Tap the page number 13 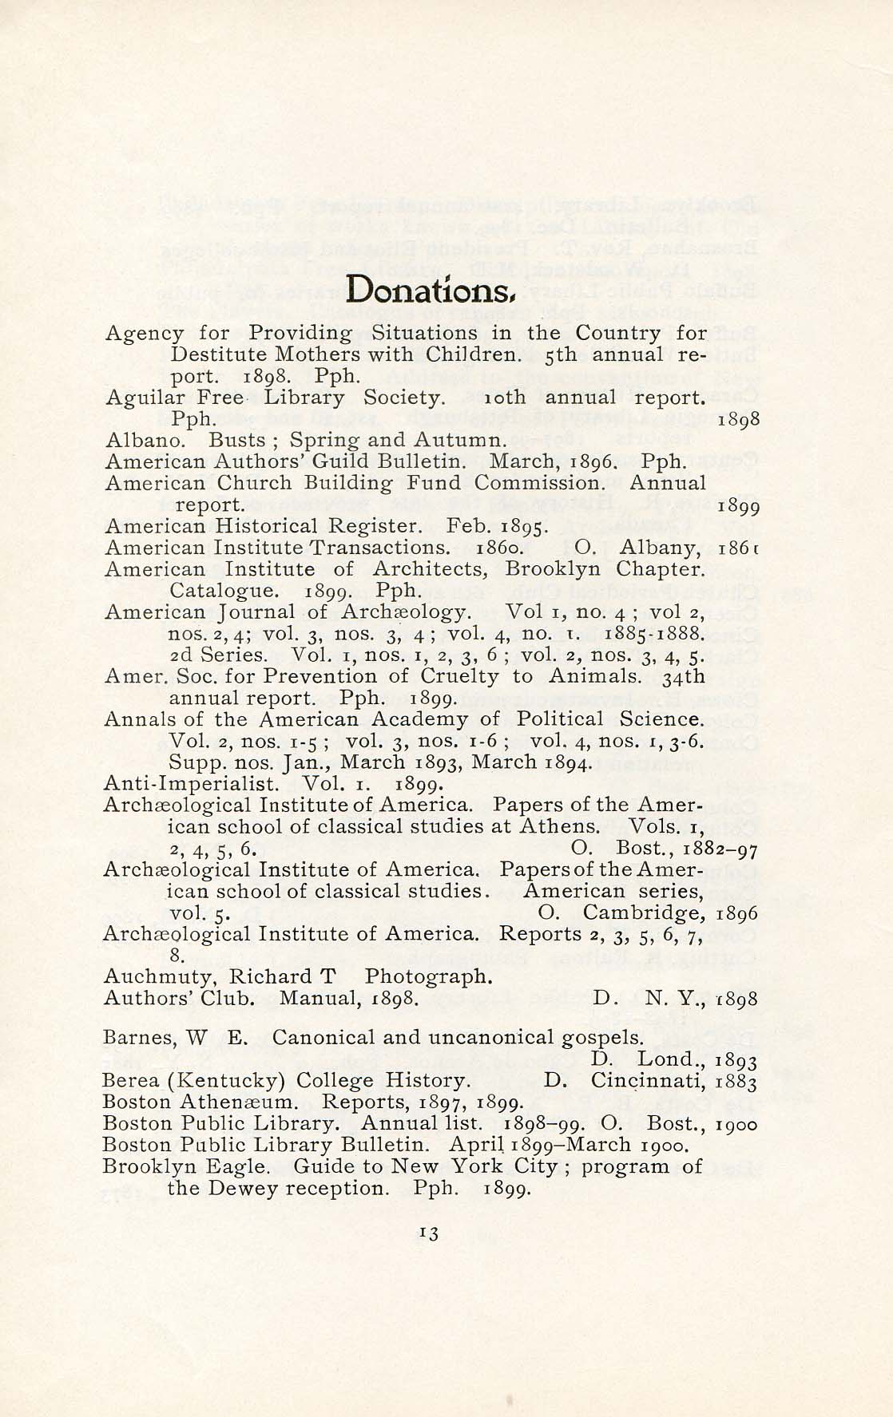(x=428, y=1233)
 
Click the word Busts (x=236, y=440)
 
